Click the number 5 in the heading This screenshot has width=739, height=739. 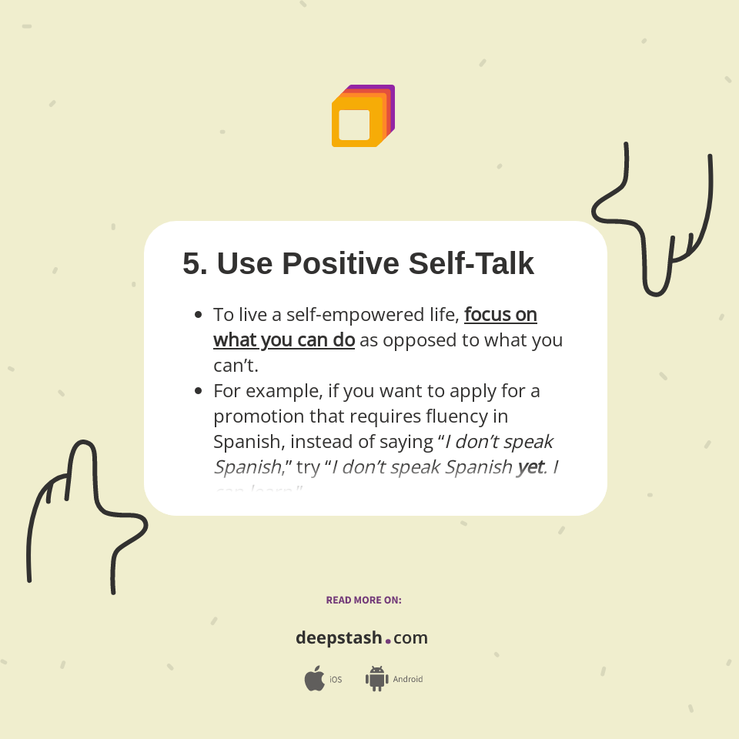tap(194, 264)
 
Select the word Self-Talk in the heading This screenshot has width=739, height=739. tap(471, 264)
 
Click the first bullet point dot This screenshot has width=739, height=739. tap(199, 315)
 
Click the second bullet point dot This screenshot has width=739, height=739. tap(199, 391)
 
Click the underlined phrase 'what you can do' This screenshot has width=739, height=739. tap(283, 340)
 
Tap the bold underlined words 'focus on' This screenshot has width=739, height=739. tap(500, 315)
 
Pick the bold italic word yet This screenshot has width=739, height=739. tap(530, 467)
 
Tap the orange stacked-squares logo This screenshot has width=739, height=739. tap(362, 116)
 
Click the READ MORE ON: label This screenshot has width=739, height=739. tap(363, 600)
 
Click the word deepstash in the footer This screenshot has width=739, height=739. tap(338, 638)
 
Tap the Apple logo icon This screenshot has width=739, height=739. tap(314, 679)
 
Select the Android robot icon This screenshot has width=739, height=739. tap(376, 678)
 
